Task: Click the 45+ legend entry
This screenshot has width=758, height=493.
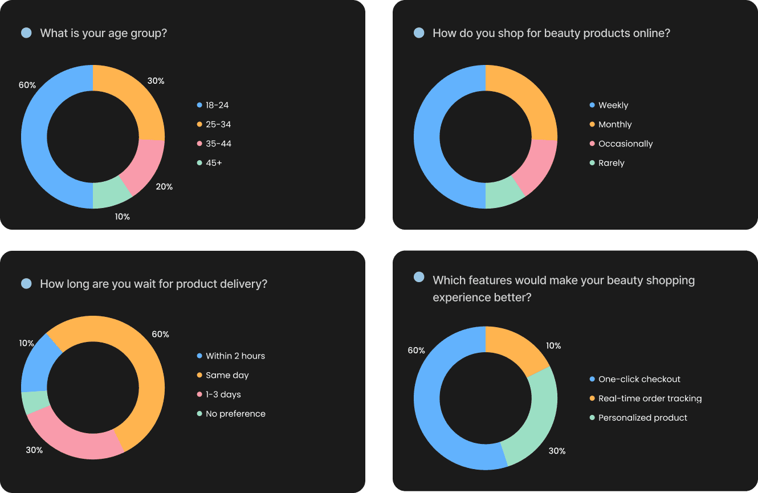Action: pos(214,163)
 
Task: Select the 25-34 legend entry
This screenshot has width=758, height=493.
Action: pos(218,124)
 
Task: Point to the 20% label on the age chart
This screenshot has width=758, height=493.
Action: pos(164,186)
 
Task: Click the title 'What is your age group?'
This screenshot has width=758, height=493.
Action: pos(103,33)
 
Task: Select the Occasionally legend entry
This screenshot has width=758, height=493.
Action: pos(625,144)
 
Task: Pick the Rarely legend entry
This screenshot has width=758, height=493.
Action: pos(611,163)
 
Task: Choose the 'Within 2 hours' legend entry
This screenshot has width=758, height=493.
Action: pos(235,356)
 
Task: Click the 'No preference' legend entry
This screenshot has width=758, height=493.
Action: pos(235,414)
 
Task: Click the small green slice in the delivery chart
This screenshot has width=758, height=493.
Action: pos(35,402)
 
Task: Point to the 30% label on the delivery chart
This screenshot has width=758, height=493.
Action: pos(34,450)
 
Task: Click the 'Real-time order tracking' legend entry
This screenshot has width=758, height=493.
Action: pos(650,398)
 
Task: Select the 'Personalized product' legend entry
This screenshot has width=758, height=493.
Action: pos(642,418)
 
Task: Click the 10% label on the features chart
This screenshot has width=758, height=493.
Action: pos(553,345)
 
